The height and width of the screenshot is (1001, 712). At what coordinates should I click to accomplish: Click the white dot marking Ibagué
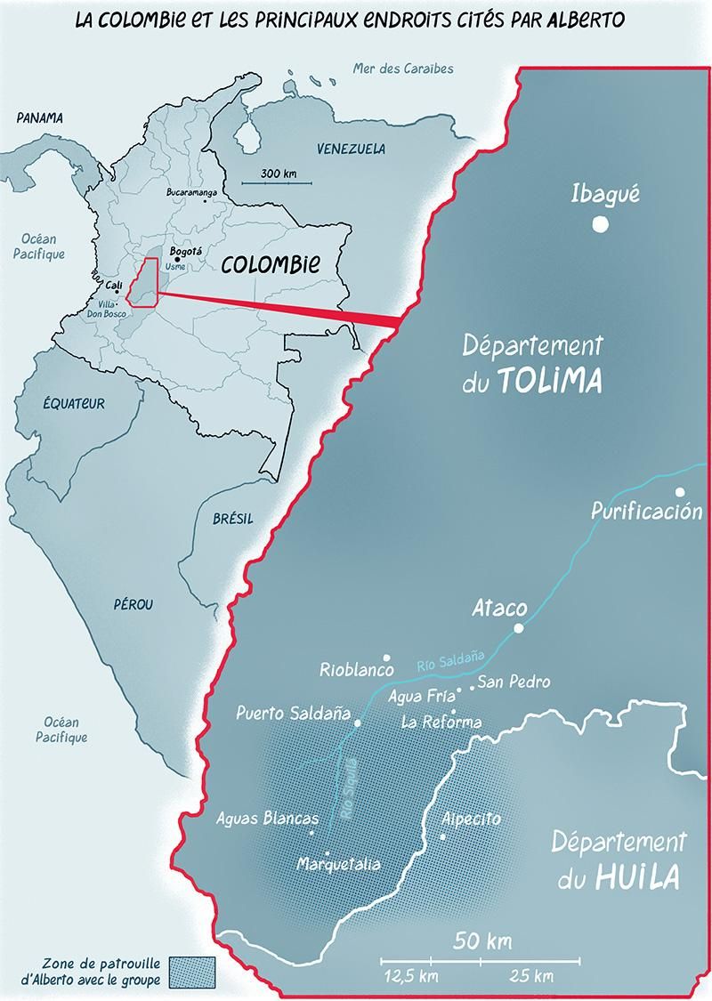(x=601, y=224)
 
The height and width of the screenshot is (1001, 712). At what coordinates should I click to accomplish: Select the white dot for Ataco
(x=519, y=628)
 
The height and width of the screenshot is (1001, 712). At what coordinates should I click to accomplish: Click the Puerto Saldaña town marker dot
(x=358, y=723)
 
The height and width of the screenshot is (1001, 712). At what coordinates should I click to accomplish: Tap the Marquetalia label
(x=339, y=864)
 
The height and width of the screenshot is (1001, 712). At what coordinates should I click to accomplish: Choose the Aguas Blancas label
(x=267, y=819)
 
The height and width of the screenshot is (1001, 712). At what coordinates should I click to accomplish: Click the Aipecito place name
(x=472, y=819)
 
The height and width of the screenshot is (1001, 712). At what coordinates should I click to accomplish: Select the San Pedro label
(x=514, y=682)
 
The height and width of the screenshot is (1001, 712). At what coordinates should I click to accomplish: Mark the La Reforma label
(x=441, y=722)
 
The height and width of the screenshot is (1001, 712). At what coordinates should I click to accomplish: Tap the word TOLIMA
(x=550, y=381)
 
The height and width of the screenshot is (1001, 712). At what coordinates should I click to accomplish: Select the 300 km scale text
(x=279, y=173)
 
